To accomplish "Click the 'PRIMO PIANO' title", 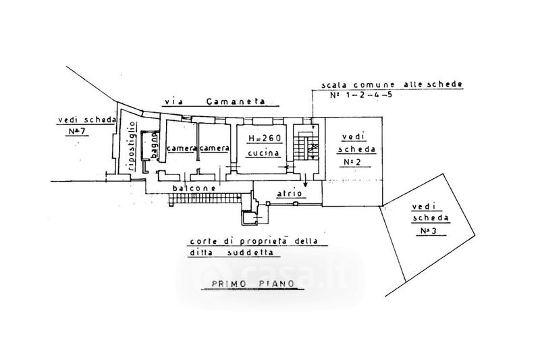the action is [252, 284].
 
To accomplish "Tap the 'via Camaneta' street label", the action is [215, 101].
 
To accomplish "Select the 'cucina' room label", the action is [263, 153].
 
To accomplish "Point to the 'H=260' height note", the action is [265, 138].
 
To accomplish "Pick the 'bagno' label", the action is [155, 147].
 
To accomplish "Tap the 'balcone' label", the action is [194, 188].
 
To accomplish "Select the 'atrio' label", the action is [290, 193].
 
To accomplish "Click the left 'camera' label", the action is [182, 148].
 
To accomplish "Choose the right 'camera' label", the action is [214, 148].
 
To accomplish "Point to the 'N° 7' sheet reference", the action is [77, 131].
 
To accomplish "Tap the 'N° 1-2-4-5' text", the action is [361, 95].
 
